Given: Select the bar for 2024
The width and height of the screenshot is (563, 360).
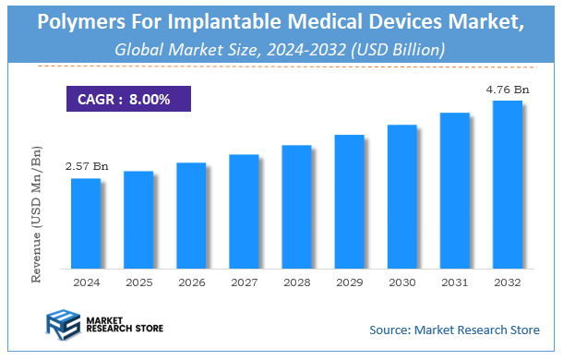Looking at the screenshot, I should click(x=86, y=222).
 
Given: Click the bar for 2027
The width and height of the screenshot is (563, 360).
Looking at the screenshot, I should click(x=244, y=210).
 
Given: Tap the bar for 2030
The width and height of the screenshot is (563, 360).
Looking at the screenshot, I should click(x=401, y=195).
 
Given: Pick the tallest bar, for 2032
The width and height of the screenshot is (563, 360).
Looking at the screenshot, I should click(x=507, y=184).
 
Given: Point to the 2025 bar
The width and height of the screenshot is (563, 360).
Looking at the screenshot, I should click(x=138, y=219).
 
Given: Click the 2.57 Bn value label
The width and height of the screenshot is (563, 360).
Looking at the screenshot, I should click(x=87, y=166).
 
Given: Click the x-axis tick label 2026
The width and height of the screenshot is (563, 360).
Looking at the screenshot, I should click(x=191, y=282).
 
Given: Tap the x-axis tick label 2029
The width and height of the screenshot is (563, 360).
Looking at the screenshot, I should click(x=349, y=282).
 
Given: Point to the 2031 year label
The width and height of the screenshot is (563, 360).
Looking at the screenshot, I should click(x=454, y=282).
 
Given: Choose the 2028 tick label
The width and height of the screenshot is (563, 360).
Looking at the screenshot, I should click(x=296, y=282).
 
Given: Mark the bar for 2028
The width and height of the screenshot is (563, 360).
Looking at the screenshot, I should click(x=296, y=206).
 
